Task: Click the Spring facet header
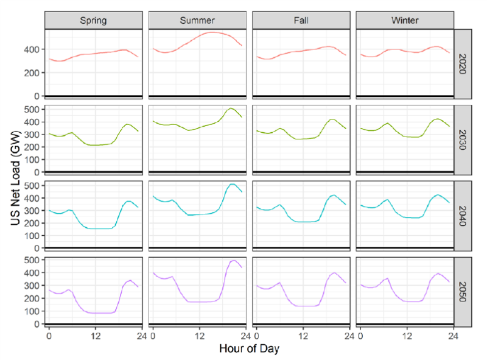pos(94,20)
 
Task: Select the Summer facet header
pos(197,20)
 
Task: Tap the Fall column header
pos(301,20)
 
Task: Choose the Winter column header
pos(405,20)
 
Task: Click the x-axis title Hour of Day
pos(250,350)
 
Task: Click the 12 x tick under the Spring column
pos(94,335)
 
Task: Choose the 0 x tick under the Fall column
pos(256,335)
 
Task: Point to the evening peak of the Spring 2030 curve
pos(127,124)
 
